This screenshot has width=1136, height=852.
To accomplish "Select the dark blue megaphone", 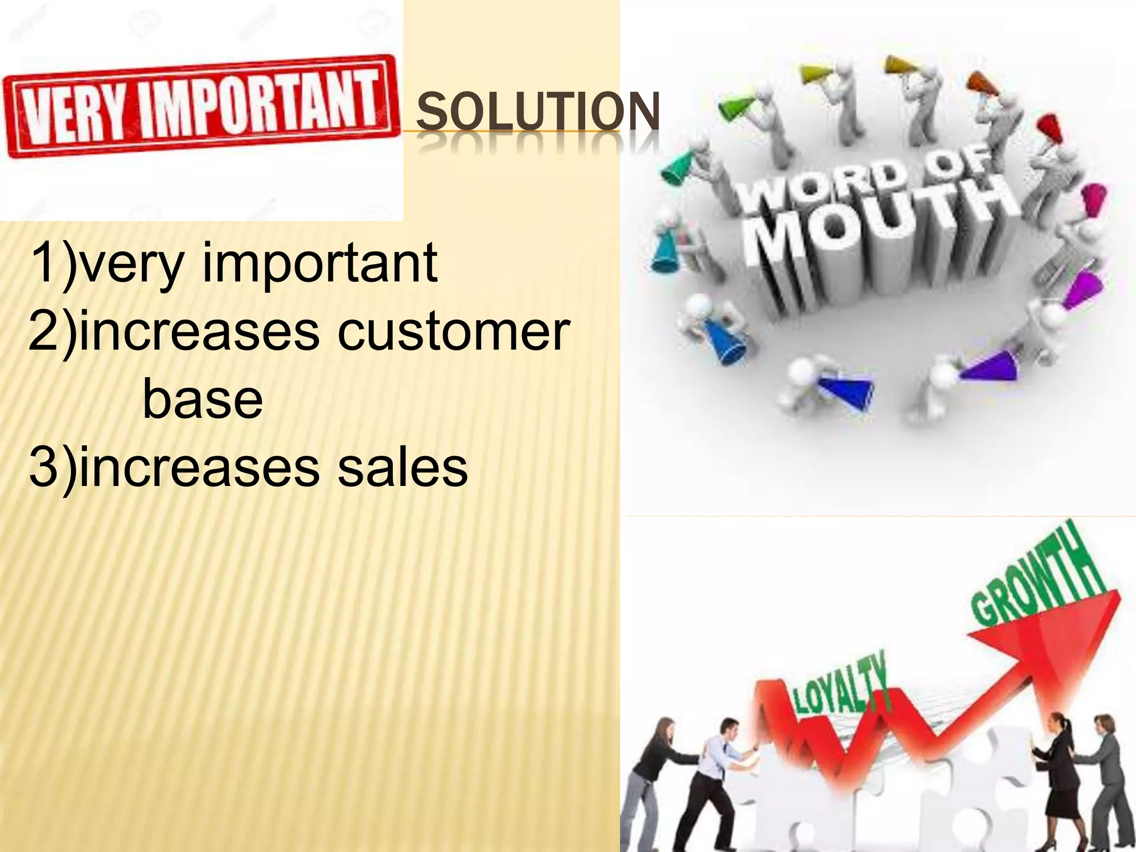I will coord(843,391).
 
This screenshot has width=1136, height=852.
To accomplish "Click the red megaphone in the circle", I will coord(1048,133).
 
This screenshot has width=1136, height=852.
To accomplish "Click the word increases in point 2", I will coord(200,332).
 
